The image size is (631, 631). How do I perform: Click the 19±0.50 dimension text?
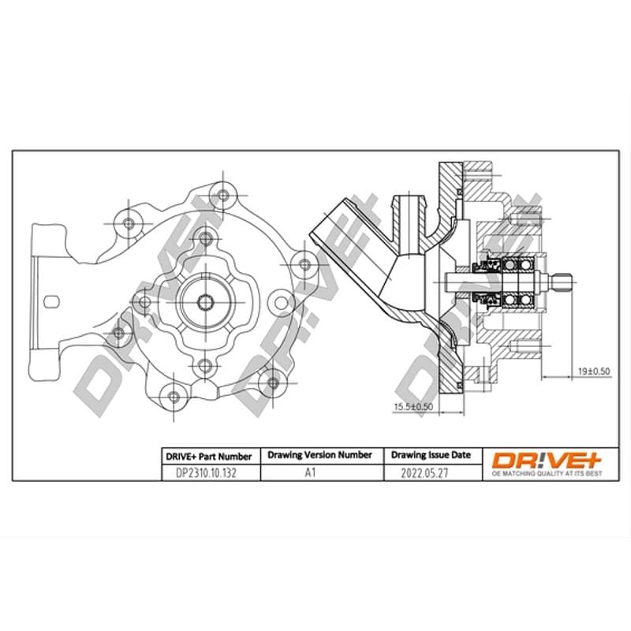point(594,371)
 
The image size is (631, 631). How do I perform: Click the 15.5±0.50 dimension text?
point(413,406)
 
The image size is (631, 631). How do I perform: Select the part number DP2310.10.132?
point(206,472)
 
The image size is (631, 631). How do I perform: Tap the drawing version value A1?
point(310,472)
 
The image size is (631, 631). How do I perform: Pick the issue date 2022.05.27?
point(424,472)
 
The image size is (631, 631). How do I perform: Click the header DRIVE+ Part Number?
point(209,457)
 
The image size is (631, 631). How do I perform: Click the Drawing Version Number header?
point(319,455)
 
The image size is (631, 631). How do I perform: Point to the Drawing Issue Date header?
point(431,455)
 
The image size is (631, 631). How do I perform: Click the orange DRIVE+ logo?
point(547,461)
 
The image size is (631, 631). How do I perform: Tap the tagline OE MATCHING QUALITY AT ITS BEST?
point(547,473)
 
